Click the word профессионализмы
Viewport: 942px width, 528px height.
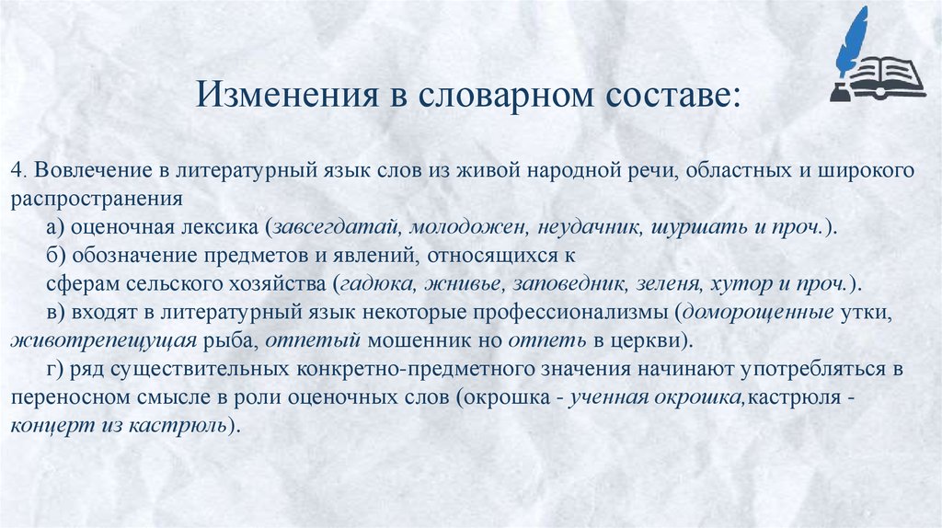(578, 313)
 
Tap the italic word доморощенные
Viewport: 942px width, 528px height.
(760, 313)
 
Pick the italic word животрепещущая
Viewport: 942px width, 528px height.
(103, 341)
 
